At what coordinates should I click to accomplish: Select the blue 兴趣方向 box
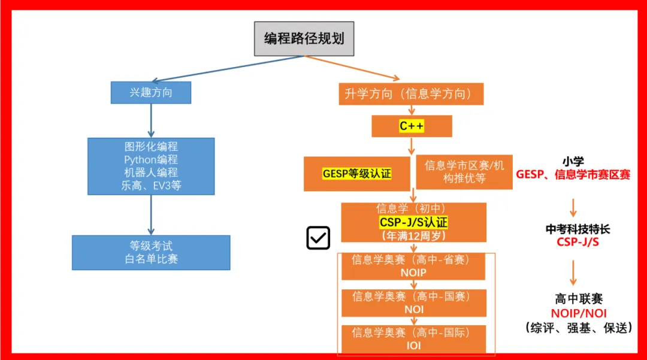tap(150, 93)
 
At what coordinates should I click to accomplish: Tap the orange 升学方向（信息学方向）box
tap(411, 94)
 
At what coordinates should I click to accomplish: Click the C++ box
tap(411, 126)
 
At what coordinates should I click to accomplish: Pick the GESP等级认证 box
tap(356, 174)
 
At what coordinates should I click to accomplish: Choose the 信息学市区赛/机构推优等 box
tap(464, 172)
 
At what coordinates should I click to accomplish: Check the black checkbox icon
tap(318, 238)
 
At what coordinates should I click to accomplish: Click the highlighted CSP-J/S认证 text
tap(413, 223)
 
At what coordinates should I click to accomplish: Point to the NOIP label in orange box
tap(413, 273)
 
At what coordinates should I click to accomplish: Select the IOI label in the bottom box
tap(413, 346)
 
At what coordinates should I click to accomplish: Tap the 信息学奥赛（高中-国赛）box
tap(413, 302)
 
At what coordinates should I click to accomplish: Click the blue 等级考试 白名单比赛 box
tap(151, 252)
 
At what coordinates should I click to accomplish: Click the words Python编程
tap(151, 159)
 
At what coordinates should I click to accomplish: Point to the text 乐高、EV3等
tap(151, 186)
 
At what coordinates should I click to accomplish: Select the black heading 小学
tap(573, 161)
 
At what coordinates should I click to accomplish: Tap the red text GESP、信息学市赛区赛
tap(573, 175)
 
